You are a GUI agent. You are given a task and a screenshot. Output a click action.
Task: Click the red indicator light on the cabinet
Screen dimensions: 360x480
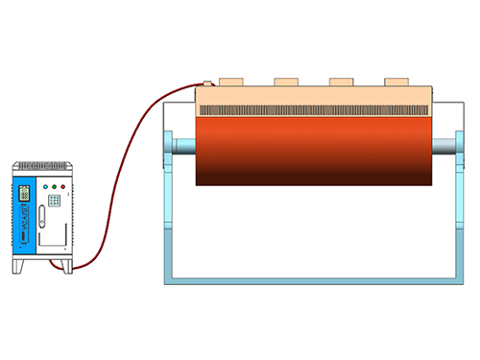pyautogui.click(x=63, y=186)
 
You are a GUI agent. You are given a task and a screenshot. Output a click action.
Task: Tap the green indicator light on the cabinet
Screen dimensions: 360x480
pyautogui.click(x=53, y=186)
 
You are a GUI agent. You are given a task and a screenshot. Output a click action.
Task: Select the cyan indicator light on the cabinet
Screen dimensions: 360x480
pyautogui.click(x=43, y=186)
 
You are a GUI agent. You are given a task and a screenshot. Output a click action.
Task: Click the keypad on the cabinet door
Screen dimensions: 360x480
pyautogui.click(x=56, y=201)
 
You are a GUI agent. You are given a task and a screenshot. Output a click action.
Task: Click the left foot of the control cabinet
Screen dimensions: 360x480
pyautogui.click(x=17, y=266)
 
